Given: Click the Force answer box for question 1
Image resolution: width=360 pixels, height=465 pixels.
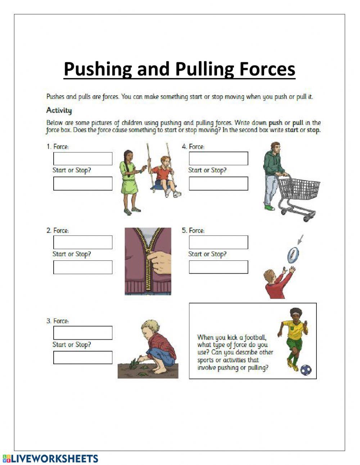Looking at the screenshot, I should coord(83,158).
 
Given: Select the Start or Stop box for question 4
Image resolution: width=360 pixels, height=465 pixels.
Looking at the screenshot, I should coord(219,184).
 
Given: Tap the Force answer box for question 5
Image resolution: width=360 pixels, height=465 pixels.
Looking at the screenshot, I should coord(219,242).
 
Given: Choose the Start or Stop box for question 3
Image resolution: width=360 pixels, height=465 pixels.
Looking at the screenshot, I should coord(83,358).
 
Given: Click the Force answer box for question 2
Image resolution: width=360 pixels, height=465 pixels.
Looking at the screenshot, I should coord(83,242).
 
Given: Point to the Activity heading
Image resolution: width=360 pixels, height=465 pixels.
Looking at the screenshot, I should coord(59,110).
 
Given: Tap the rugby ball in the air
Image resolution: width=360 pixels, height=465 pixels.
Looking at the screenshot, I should coord(293,255).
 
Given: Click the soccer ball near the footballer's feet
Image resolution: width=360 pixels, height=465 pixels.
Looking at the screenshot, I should coord(306,370).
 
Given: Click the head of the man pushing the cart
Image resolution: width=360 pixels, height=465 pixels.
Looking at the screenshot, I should coord(275,148).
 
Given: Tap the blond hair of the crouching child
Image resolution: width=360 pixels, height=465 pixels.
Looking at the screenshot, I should coord(148,326).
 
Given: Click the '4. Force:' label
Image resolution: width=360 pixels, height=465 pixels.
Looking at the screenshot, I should coord(193,147).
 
